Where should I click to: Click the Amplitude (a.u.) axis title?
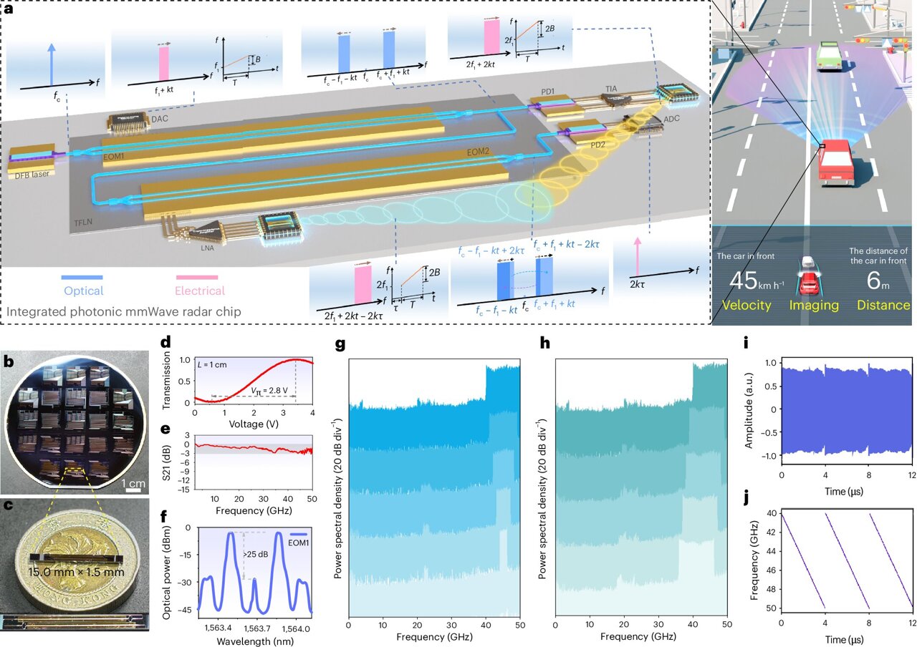749,409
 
